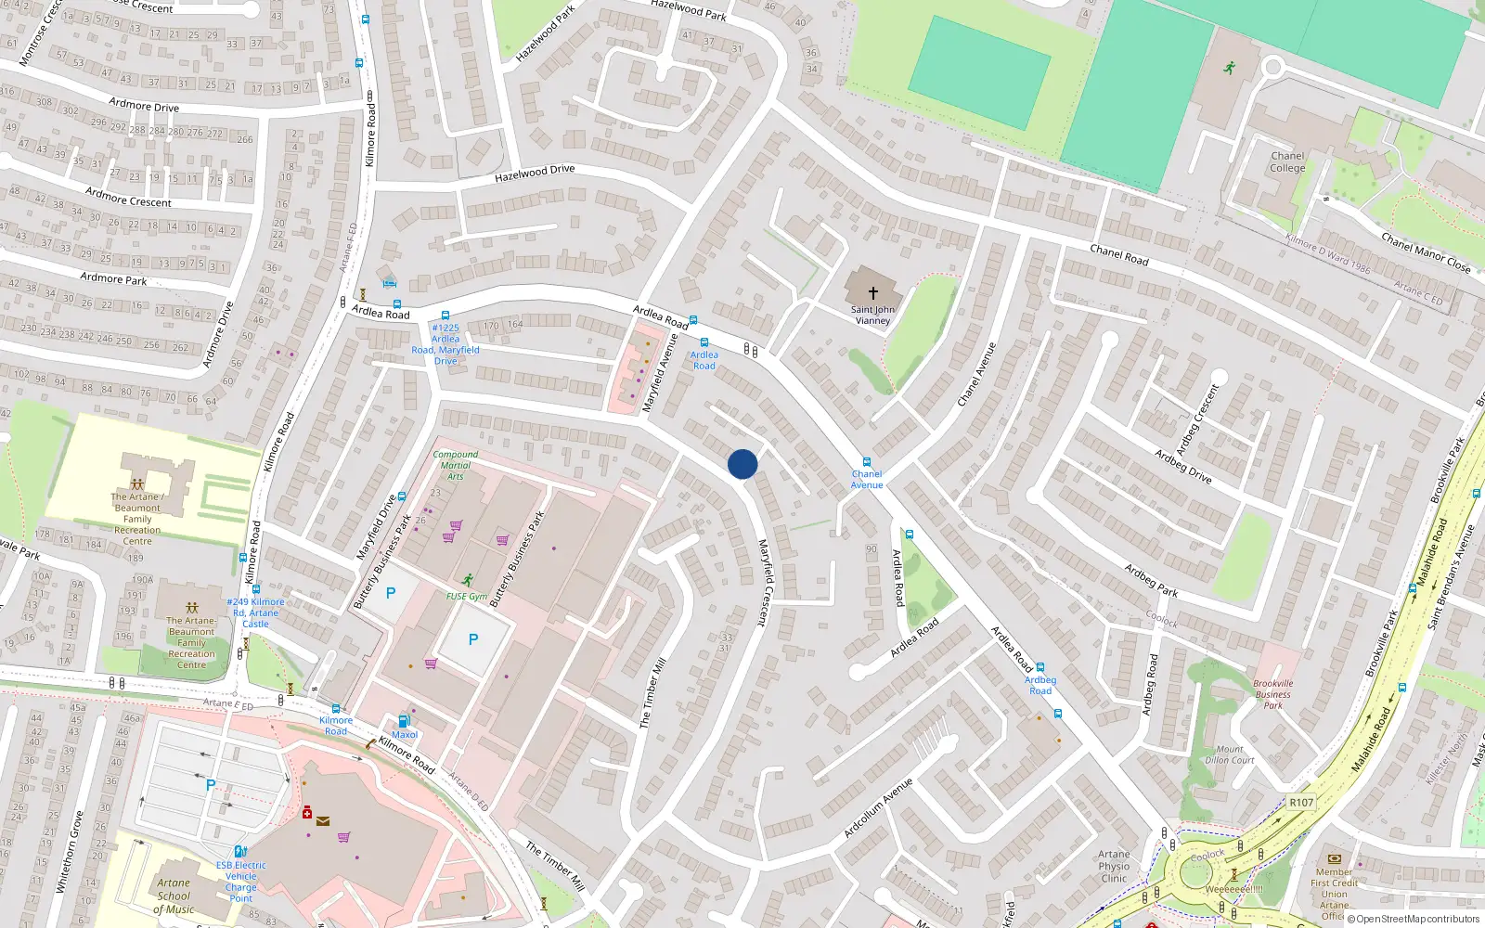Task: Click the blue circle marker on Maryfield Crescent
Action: coord(742,464)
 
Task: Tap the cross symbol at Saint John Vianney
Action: coord(872,292)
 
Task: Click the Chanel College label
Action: coord(1287,162)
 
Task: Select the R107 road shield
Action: coord(1301,803)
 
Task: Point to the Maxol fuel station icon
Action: coord(404,721)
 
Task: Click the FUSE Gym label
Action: coord(466,597)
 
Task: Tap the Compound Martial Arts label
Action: coord(456,465)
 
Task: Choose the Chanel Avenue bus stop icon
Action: coord(867,461)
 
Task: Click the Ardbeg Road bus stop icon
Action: coord(1040,667)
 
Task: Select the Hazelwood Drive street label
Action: coord(535,173)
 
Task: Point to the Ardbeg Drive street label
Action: coord(1183,466)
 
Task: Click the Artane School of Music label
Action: coord(174,896)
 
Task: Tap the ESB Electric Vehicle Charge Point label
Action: coord(240,882)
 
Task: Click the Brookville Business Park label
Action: coord(1272,694)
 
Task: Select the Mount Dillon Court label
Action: coord(1230,754)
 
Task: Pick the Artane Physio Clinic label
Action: coord(1114,866)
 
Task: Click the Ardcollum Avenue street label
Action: coord(878,808)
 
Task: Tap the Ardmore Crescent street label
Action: coord(128,197)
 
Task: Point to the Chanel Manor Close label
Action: coord(1426,253)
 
